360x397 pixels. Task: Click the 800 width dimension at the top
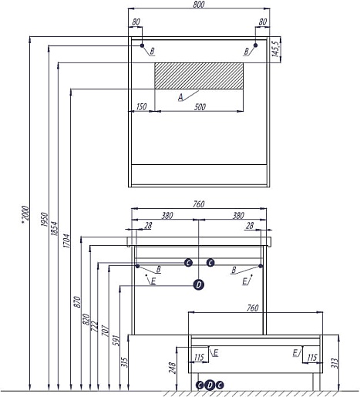pyautogui.click(x=198, y=5)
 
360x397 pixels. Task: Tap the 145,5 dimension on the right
pyautogui.click(x=276, y=49)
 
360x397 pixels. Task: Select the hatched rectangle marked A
pyautogui.click(x=199, y=76)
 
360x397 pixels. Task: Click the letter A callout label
pyautogui.click(x=180, y=97)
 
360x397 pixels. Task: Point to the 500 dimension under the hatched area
pyautogui.click(x=200, y=107)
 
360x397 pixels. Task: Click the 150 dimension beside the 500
pyautogui.click(x=141, y=106)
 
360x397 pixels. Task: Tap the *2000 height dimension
pyautogui.click(x=25, y=214)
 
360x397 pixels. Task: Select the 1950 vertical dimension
pyautogui.click(x=45, y=219)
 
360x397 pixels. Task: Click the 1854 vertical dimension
pyautogui.click(x=54, y=228)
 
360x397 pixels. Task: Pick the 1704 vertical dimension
pyautogui.click(x=66, y=241)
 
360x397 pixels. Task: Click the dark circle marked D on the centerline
pyautogui.click(x=199, y=284)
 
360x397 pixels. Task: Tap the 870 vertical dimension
pyautogui.click(x=77, y=301)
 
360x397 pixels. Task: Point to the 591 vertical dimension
pyautogui.click(x=116, y=340)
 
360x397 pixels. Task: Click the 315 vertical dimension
pyautogui.click(x=124, y=362)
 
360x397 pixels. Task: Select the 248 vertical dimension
pyautogui.click(x=172, y=368)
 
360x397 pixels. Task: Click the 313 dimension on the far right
pyautogui.click(x=335, y=363)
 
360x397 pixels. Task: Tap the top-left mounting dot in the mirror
pyautogui.click(x=142, y=45)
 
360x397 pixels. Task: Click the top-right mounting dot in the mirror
pyautogui.click(x=255, y=45)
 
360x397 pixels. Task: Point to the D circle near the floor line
pyautogui.click(x=210, y=385)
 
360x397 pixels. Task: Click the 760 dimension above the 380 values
pyautogui.click(x=199, y=204)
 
